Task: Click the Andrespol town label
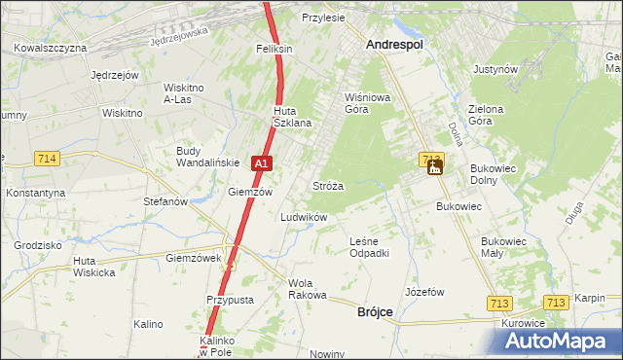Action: coord(399,44)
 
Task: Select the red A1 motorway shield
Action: coord(260,164)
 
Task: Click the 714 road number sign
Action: coord(46,158)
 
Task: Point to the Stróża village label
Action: coord(327,185)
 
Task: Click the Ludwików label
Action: coord(303,217)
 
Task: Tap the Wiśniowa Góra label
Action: coord(368,103)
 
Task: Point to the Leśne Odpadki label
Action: coord(370,247)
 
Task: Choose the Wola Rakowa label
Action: coord(307,288)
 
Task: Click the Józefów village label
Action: coord(424,292)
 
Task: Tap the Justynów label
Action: coord(494,70)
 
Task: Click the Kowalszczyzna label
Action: coord(52,47)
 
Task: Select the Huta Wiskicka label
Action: coord(94,267)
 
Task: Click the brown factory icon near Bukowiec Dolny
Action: coord(434,167)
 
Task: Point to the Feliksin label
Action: coord(275,48)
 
